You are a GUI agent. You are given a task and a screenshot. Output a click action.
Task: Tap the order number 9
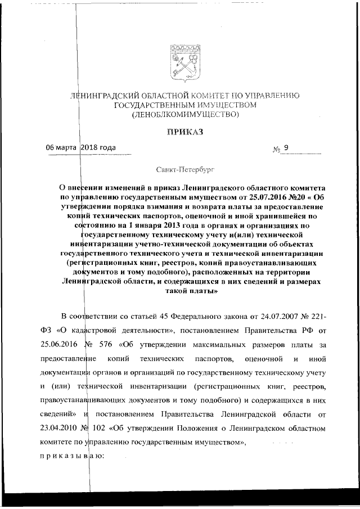[286, 148]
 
